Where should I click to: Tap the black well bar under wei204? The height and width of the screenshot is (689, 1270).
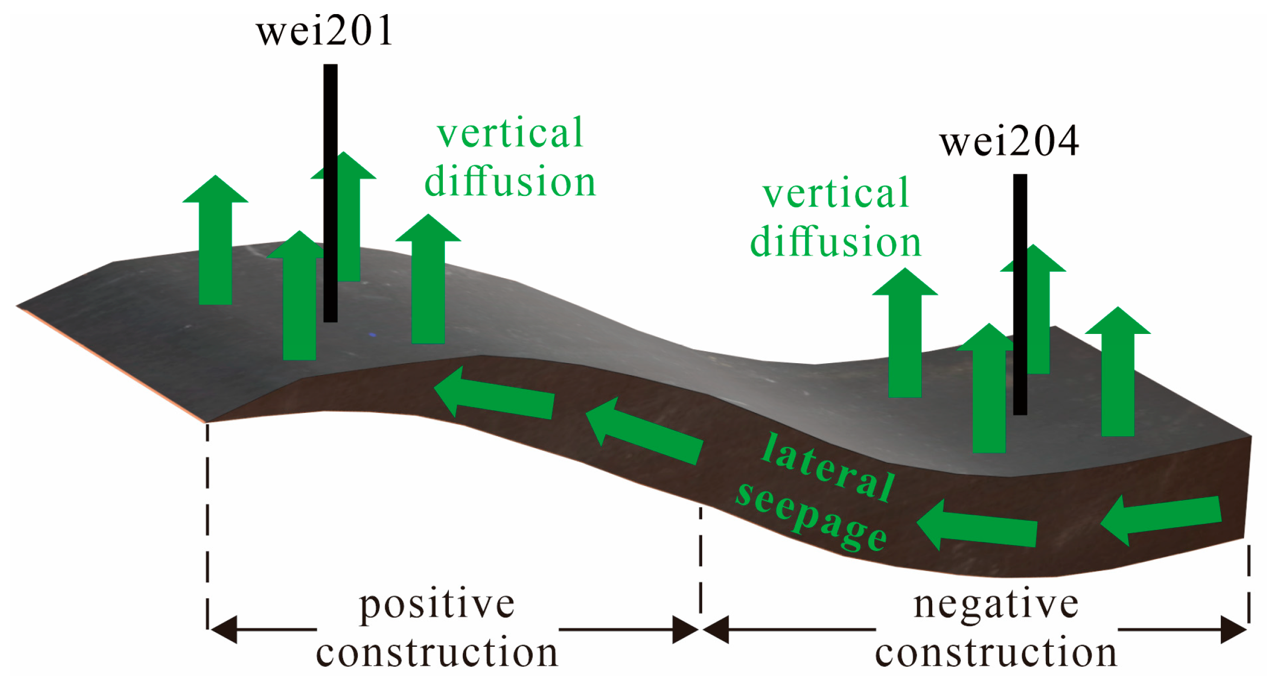tap(1020, 292)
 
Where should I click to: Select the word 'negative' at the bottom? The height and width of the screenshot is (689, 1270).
tap(996, 605)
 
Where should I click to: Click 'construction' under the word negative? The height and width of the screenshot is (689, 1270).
tap(996, 652)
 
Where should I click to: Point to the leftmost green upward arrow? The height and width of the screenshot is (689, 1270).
tap(215, 244)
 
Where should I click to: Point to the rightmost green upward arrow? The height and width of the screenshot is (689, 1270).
tap(1117, 373)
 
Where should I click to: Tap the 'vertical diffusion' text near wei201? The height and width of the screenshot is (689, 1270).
tap(510, 157)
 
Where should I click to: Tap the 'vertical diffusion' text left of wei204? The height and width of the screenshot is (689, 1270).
tap(835, 218)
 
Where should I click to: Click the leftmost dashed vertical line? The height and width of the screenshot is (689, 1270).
tap(207, 525)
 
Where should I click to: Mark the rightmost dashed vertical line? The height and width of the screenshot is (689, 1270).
tap(1248, 585)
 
